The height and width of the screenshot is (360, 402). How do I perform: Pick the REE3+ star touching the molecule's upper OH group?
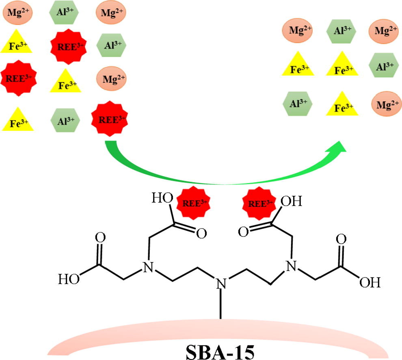point(256,202)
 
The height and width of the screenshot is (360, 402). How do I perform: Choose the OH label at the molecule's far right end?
point(370,282)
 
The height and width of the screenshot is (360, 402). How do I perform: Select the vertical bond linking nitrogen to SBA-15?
point(221,305)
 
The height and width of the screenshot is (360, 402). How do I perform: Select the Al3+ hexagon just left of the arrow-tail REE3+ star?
point(65,120)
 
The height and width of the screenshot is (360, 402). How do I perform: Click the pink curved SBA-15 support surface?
point(122,337)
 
